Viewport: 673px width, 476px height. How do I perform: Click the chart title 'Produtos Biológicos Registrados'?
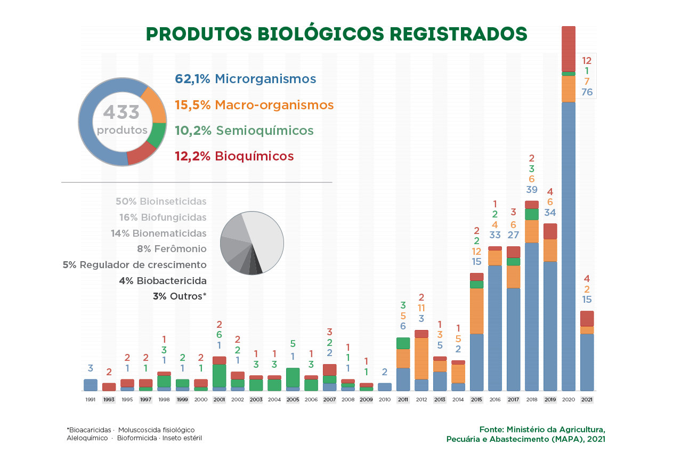coord(336,34)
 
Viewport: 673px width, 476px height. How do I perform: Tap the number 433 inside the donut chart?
coord(121,112)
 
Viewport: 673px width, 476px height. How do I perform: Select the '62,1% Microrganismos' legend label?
coord(246,79)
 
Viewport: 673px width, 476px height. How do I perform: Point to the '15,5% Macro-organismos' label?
coord(254,105)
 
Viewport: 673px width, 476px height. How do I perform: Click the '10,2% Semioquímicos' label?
coord(244,131)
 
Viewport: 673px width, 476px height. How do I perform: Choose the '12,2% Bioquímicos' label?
coord(234,156)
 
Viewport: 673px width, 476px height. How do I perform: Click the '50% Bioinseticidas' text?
coord(161,201)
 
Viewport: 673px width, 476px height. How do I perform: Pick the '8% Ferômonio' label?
coord(172,249)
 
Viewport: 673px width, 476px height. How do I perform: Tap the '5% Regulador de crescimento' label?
coord(134,265)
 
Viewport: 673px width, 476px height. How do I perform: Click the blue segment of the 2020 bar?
coord(569,245)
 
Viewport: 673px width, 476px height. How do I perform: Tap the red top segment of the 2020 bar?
coord(569,48)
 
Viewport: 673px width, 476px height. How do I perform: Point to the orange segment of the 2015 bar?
coord(476,311)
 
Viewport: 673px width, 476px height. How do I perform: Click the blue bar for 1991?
coord(91,385)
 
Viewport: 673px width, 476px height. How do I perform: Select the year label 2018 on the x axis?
coord(531,399)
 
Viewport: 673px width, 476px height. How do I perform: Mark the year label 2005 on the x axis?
coord(293,399)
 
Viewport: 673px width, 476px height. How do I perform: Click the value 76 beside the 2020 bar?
coord(587,92)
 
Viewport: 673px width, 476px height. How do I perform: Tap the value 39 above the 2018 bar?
coord(531,190)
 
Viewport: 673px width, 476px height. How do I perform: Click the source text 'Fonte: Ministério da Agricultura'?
coord(542,430)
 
